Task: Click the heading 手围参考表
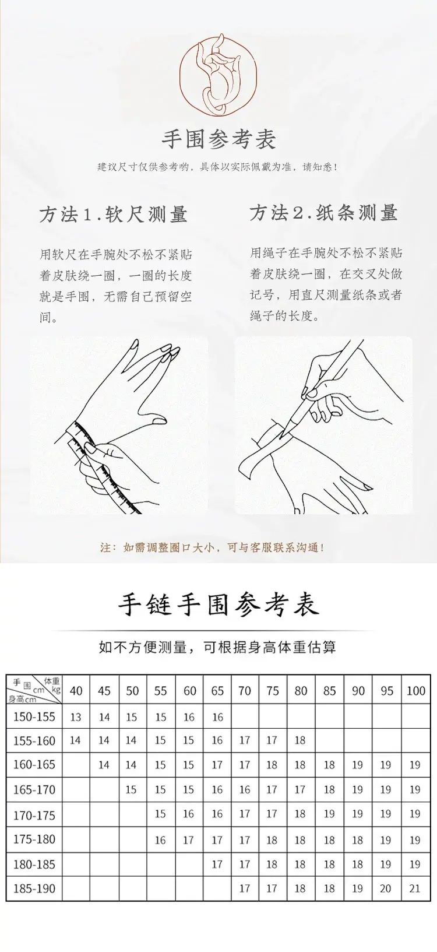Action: pos(218,139)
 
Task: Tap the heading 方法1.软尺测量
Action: pos(114,214)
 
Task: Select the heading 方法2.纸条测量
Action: pos(323,213)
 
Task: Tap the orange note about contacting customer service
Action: pos(213,547)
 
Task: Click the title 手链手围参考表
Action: pos(218,605)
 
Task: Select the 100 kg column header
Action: pos(416,691)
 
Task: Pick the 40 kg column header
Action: pos(76,691)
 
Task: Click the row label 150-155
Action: pos(34,717)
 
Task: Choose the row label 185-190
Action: pos(34,888)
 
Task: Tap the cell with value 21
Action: pos(414,888)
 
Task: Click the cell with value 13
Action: pos(76,718)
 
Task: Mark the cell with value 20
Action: pos(386,888)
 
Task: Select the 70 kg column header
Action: pos(245,691)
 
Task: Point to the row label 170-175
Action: pos(34,815)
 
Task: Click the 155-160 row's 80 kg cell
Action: pos(300,740)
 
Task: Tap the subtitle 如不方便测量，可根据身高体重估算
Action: pos(217,647)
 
